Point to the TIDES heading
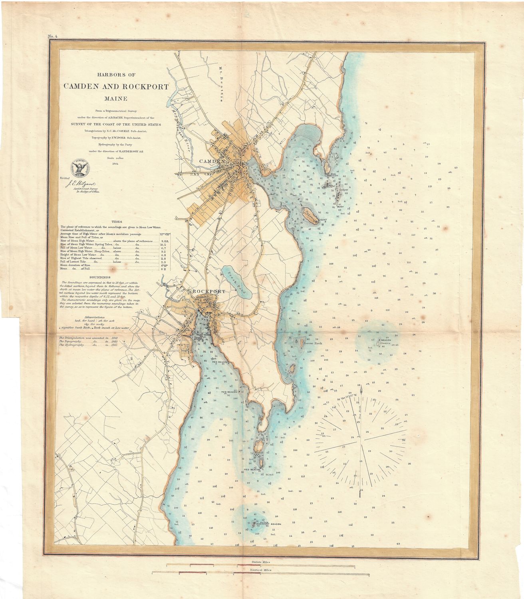click(117, 221)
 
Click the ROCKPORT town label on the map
click(206, 292)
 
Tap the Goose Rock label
click(312, 343)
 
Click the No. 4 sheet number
click(53, 37)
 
